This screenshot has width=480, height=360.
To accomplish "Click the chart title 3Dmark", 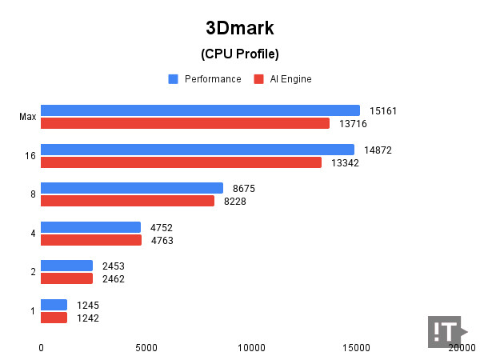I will point(239,28).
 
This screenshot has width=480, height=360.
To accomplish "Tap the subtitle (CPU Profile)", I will point(239,54).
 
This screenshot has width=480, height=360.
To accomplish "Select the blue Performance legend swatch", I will point(173,79).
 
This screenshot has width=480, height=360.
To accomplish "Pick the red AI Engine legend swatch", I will point(258,79).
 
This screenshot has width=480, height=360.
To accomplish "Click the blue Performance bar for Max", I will point(200,110).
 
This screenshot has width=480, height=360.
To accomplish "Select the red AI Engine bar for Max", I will point(185,123).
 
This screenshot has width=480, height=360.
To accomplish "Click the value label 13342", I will point(345,162).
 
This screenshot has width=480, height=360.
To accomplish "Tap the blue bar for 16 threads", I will point(197,150).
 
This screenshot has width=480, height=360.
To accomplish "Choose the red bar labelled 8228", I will point(127,201).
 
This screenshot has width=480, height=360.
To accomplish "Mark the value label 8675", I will point(245,188).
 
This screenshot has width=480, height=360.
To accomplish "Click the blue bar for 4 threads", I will point(90,227).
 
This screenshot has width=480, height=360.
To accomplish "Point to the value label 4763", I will point(162,240).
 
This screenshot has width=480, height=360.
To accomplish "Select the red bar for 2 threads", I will point(66,278).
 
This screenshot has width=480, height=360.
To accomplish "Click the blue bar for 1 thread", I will point(54,305).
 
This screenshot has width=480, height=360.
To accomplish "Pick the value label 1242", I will point(88,318).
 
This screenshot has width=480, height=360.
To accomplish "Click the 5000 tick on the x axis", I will point(146,347).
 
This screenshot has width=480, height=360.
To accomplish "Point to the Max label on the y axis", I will point(27,117).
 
